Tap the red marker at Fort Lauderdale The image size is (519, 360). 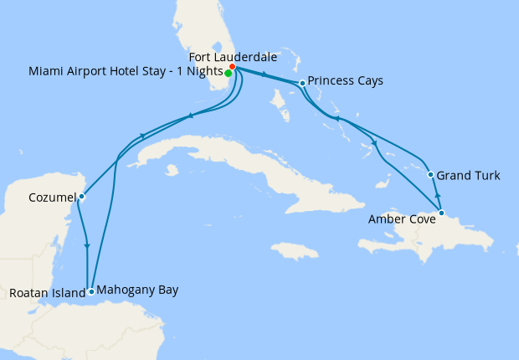point(232,67)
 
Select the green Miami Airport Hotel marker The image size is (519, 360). point(228,73)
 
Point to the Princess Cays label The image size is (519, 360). point(345,81)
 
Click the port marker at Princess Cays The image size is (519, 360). point(301,82)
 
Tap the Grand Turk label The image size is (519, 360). point(468,176)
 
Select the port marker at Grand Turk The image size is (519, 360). point(430,175)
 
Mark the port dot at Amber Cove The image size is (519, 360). point(441,213)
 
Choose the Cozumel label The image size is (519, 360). point(51,198)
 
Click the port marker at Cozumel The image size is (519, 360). point(81,197)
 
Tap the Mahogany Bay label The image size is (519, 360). point(137,290)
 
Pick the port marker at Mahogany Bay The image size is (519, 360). point(91,291)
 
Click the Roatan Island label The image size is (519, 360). point(47,293)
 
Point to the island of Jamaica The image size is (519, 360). point(295,250)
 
